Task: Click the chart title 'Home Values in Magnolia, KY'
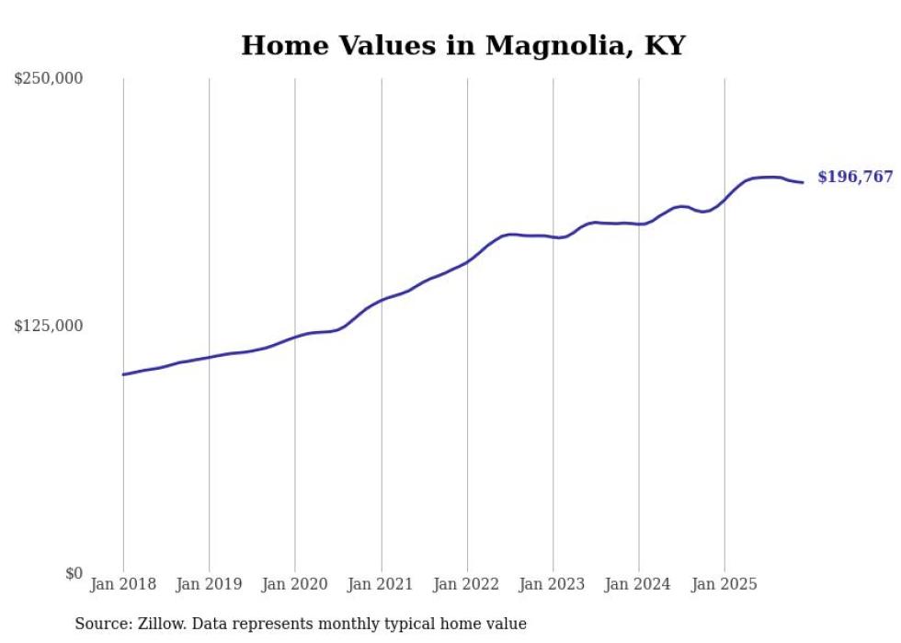pos(462,45)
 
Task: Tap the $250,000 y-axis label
pos(49,79)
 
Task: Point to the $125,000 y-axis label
pos(49,326)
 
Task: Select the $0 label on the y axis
pos(74,573)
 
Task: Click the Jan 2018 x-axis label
pos(123,584)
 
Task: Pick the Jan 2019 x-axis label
pos(210,584)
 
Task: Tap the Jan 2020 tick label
pos(295,584)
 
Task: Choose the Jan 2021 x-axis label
pos(382,584)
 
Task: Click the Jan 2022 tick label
pos(467,584)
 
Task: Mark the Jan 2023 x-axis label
pos(553,584)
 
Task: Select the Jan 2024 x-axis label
pos(639,584)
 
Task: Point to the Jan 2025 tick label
pos(725,584)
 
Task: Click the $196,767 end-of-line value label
pos(855,177)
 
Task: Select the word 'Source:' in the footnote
pos(100,624)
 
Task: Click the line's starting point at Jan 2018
pos(123,374)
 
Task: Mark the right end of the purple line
pos(803,182)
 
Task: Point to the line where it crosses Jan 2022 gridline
pos(467,262)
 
